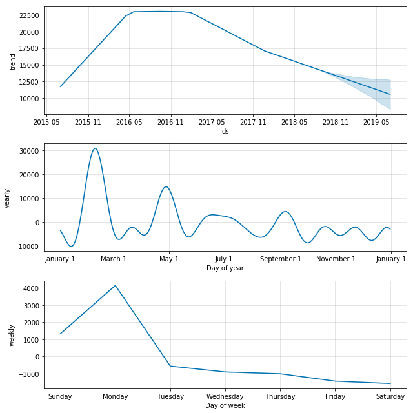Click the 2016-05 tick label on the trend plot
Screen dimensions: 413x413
(129, 121)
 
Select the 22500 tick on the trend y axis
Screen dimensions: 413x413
(28, 15)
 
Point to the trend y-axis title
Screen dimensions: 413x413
(13, 61)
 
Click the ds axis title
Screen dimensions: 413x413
(225, 131)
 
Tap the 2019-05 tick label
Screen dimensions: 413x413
(376, 121)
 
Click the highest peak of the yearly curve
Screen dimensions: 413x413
(95, 148)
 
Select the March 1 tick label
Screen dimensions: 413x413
(114, 259)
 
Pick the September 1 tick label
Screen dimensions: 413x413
(281, 259)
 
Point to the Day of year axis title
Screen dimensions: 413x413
(225, 268)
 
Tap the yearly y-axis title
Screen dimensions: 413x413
(8, 197)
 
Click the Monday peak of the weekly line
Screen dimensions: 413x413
(116, 285)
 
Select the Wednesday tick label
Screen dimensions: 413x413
(225, 396)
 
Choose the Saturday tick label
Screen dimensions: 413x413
(390, 396)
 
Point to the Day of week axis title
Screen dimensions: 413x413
(225, 405)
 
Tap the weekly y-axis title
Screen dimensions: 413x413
(11, 335)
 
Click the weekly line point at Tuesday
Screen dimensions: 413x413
(170, 366)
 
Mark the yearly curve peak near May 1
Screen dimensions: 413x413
(166, 187)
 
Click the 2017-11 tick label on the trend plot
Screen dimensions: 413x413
(253, 121)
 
